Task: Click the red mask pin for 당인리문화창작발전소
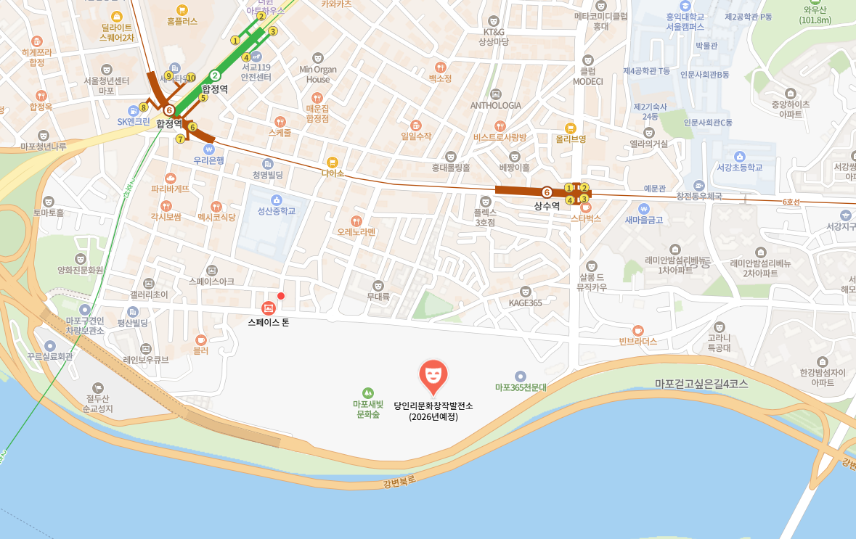click(433, 374)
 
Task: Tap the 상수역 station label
click(547, 206)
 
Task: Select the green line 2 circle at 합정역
click(215, 75)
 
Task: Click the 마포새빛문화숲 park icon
click(367, 392)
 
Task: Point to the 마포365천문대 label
click(521, 388)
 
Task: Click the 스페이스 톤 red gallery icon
click(268, 308)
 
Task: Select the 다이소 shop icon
click(333, 162)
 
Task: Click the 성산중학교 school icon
click(276, 199)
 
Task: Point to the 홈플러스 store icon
click(182, 10)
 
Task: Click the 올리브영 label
click(571, 139)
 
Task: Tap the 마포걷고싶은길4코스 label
click(701, 384)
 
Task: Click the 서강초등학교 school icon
click(739, 156)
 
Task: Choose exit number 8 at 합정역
click(144, 107)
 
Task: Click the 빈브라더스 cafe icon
click(638, 330)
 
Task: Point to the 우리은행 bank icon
click(209, 149)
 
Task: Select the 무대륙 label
click(378, 296)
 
